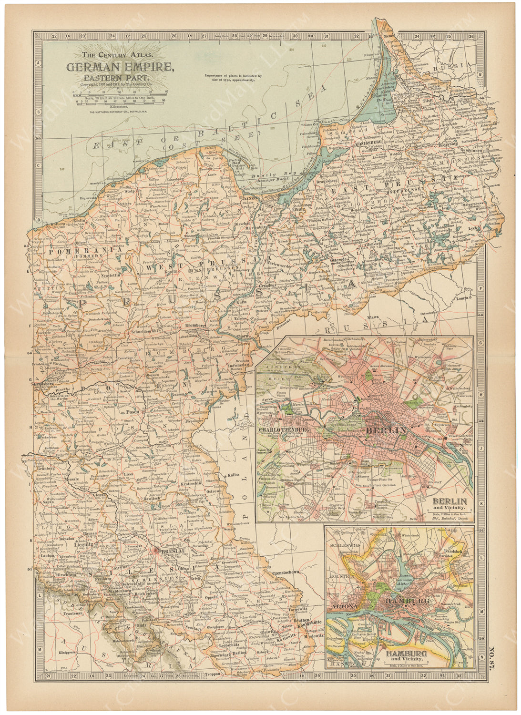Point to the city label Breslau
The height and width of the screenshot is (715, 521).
(169, 550)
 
